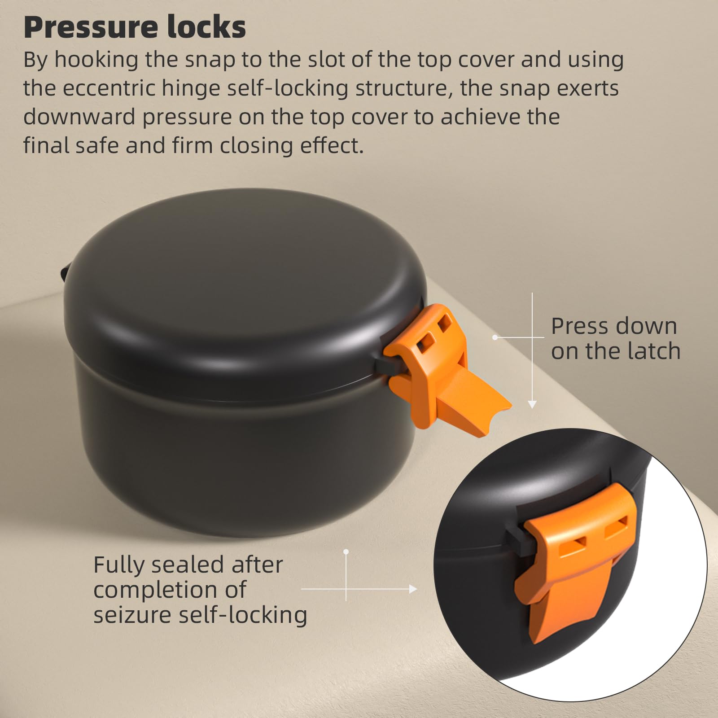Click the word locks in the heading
(x=206, y=27)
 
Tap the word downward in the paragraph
(x=79, y=117)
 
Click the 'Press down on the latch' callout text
(x=615, y=338)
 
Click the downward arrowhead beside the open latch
(x=532, y=404)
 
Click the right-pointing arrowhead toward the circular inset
(x=413, y=589)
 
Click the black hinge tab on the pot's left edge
(x=64, y=272)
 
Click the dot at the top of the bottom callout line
(x=346, y=552)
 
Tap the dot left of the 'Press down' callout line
(x=495, y=337)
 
